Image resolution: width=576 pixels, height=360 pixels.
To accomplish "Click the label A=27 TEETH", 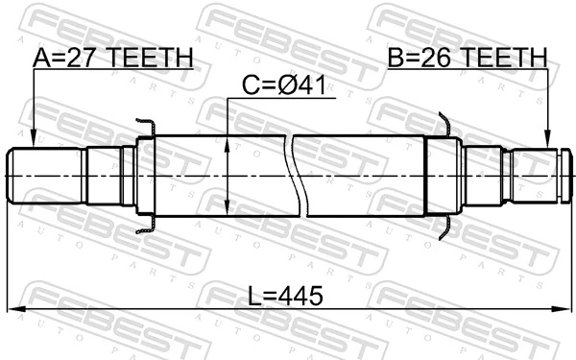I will [x=112, y=60].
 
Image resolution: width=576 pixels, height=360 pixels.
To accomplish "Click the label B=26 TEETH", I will [x=467, y=60].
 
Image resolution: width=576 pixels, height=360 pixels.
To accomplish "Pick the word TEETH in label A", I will [x=150, y=60].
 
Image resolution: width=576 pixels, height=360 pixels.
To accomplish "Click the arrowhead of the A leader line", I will [x=33, y=140].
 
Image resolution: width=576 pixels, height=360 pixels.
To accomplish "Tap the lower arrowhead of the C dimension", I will [x=227, y=210].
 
